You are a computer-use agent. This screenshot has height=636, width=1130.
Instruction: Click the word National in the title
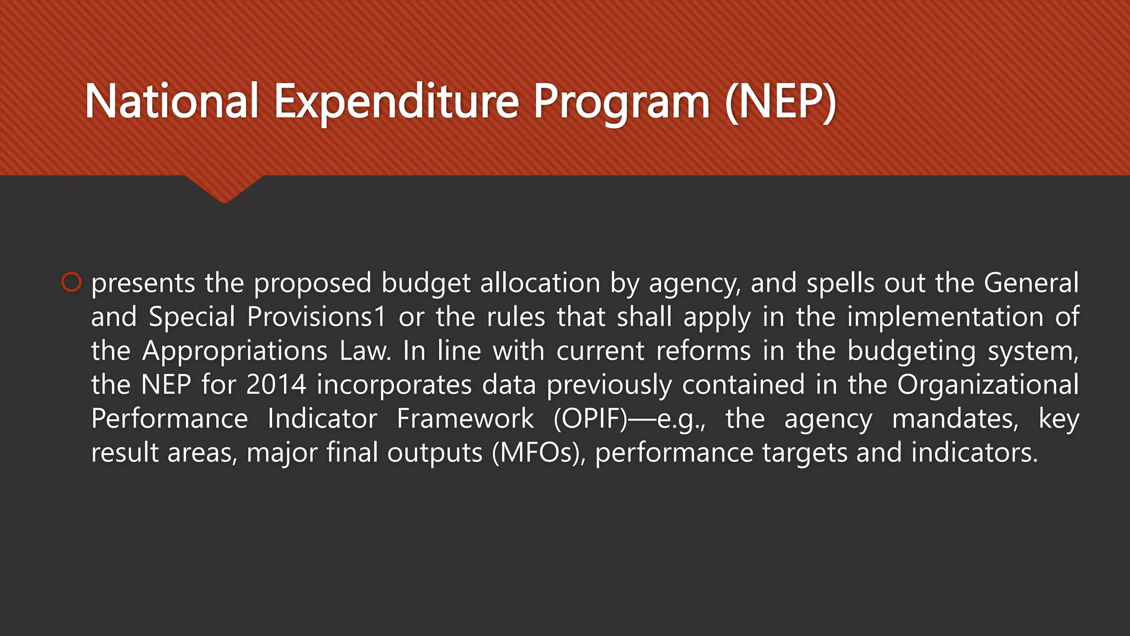tap(172, 102)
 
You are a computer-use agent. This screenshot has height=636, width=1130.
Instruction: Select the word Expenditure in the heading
tap(396, 102)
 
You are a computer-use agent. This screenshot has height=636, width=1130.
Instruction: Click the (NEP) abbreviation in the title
tap(781, 102)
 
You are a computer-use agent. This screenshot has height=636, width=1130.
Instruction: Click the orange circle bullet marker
tap(71, 282)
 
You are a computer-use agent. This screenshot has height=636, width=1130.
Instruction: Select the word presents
tap(143, 283)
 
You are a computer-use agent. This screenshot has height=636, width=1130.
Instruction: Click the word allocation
tap(540, 283)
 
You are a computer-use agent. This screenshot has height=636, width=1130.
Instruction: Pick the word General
tap(1031, 283)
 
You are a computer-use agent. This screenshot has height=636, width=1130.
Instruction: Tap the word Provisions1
tap(316, 317)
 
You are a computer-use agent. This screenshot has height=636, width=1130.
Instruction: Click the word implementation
tap(945, 317)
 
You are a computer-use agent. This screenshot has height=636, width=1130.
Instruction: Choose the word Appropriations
tap(234, 351)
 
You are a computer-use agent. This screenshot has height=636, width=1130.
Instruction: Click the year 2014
tap(276, 385)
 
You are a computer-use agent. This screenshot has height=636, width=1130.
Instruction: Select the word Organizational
tap(988, 385)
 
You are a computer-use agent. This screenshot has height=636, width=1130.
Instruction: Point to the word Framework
tap(465, 418)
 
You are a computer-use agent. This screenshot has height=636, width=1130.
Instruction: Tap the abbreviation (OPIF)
tap(590, 418)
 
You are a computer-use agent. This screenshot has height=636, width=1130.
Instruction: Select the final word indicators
tap(975, 453)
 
